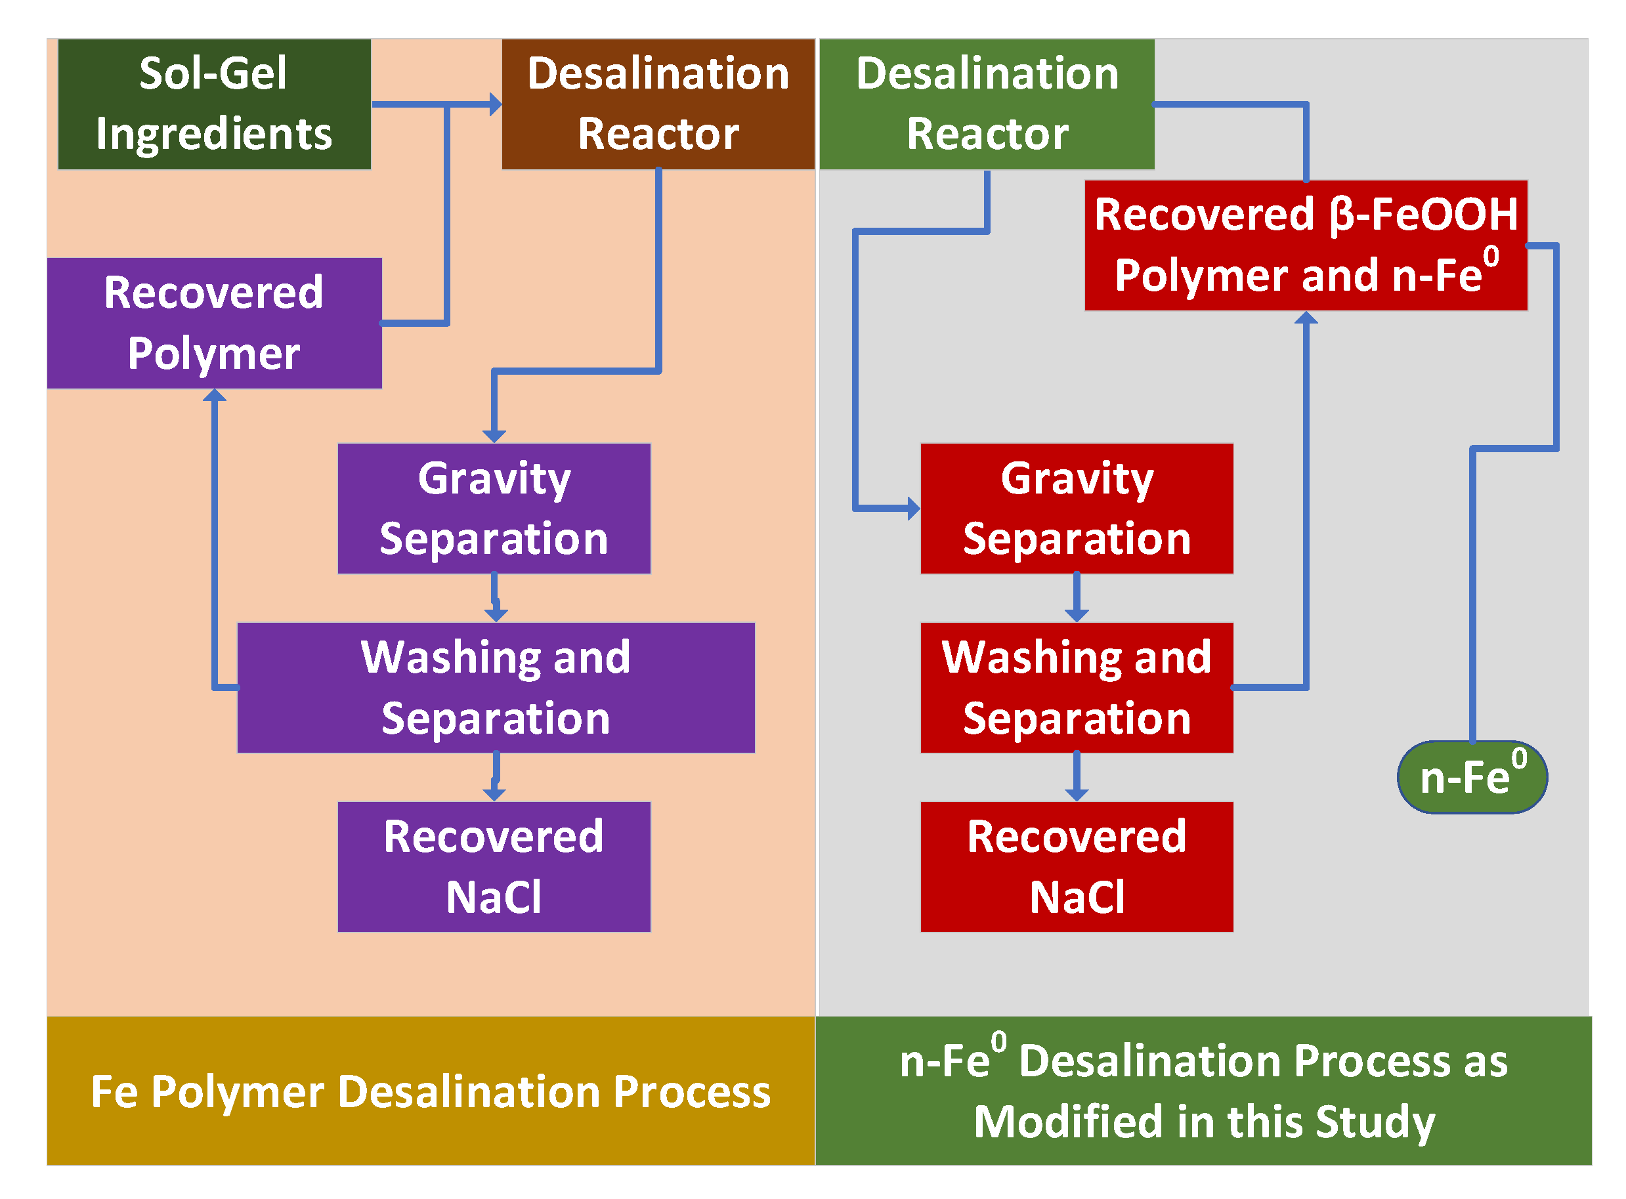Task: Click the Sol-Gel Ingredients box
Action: point(215,104)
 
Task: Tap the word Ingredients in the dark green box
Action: point(215,135)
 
